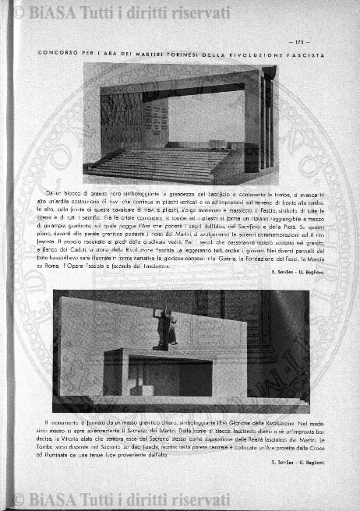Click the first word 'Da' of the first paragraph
point(50,192)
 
